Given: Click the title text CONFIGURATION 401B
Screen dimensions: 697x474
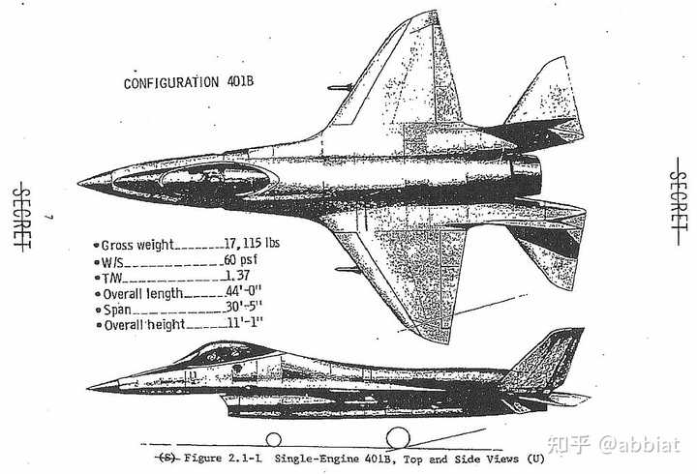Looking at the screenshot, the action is click(189, 82).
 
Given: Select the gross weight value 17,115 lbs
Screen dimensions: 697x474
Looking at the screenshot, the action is click(252, 243).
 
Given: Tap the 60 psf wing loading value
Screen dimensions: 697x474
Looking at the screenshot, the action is click(240, 260).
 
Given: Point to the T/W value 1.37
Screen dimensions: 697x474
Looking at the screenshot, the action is click(237, 276).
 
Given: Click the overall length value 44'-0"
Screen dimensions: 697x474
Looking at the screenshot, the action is click(243, 291).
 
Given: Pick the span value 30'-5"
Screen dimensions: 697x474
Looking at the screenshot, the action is click(244, 307).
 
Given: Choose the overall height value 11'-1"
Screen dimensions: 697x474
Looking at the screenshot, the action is click(245, 322).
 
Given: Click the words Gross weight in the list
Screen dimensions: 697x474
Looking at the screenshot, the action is click(137, 245).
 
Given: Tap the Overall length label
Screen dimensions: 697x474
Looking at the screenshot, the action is click(142, 294).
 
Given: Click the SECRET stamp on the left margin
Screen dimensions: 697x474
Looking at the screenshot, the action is click(21, 217).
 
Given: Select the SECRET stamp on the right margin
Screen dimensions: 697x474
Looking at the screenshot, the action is click(678, 201).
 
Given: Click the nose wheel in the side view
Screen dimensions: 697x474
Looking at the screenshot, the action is click(273, 440).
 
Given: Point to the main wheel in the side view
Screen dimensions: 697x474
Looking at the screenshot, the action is click(398, 438).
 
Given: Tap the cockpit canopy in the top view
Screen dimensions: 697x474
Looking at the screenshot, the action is click(196, 181).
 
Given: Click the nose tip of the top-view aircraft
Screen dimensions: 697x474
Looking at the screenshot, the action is click(78, 183).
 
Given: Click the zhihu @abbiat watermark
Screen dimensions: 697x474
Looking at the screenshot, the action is click(614, 444).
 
